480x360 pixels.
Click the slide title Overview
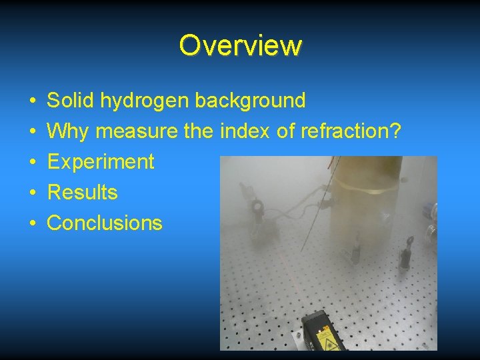pos(240,45)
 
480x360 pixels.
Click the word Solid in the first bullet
pos(71,101)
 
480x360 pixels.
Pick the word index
pos(244,131)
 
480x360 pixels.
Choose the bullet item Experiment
pos(101,162)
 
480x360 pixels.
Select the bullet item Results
pos(83,193)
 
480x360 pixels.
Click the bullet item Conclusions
pos(105,223)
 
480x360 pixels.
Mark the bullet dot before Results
pos(33,193)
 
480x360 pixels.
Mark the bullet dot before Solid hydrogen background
pos(33,101)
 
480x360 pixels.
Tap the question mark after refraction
pos(394,131)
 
